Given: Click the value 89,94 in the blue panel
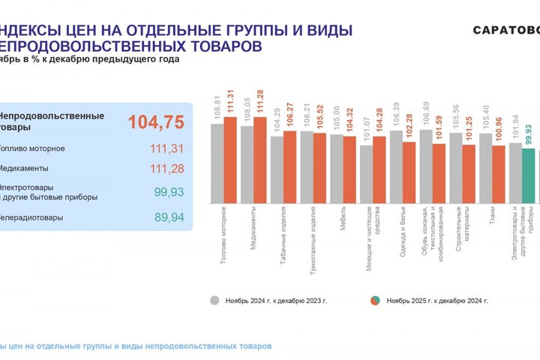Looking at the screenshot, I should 168,217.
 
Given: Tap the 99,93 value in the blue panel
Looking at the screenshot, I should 168,192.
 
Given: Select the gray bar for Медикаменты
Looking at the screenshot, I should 247,165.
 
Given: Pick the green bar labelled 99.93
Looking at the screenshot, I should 528,176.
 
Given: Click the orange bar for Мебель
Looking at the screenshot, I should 349,170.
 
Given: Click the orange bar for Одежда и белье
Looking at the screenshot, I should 409,173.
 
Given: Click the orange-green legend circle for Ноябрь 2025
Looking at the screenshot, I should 373,300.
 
